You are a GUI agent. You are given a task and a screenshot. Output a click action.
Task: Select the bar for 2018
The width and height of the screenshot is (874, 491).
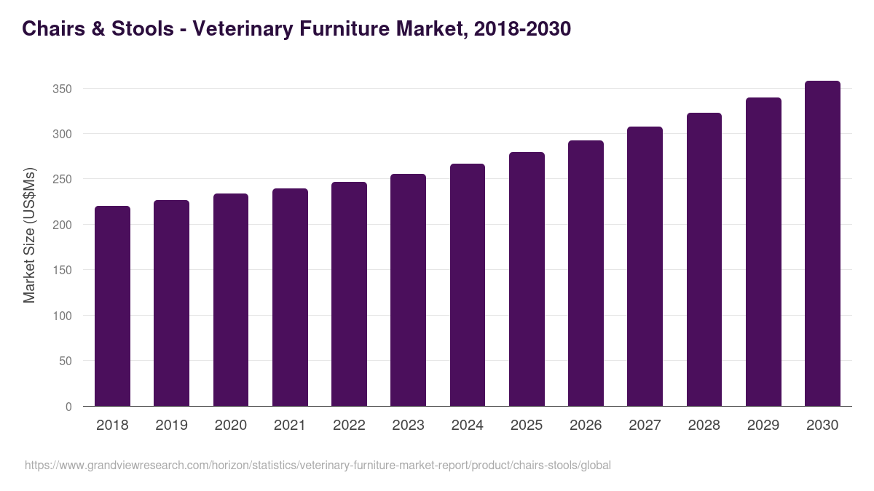112,306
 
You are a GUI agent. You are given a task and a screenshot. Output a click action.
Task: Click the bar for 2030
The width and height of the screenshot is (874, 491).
822,244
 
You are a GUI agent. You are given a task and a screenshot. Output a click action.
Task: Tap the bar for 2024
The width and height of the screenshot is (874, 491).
468,285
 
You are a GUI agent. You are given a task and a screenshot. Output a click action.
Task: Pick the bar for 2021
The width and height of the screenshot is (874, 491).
290,298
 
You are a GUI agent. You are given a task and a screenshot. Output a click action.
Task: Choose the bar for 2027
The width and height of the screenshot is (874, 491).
645,266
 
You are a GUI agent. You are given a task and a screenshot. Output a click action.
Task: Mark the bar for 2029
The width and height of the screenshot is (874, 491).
763,252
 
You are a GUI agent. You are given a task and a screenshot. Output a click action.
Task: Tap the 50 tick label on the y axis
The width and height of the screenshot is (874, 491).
65,361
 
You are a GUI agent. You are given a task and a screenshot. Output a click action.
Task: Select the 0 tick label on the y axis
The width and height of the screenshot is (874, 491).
68,407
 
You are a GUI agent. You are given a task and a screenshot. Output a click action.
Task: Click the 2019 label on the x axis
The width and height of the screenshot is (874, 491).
171,426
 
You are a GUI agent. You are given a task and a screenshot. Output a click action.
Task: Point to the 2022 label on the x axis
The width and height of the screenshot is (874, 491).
349,426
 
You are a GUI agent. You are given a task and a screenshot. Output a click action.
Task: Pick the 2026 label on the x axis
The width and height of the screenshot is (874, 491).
586,426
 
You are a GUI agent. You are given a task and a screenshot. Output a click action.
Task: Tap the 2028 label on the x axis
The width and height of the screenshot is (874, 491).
704,426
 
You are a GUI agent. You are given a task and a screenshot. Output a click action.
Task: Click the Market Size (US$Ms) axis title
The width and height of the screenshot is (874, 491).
29,236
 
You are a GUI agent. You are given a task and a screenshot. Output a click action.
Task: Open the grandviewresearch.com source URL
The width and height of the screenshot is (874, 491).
318,466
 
